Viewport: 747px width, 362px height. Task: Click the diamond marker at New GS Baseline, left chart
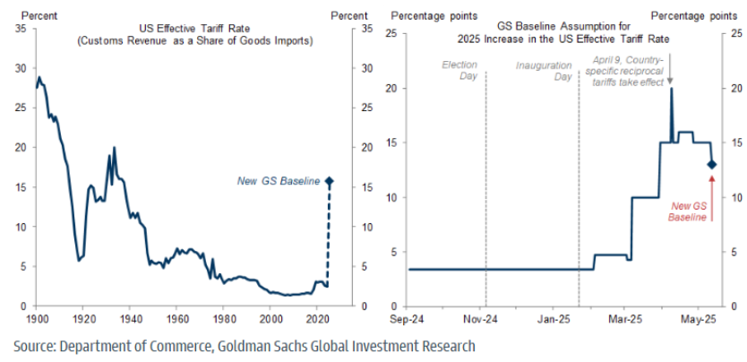329,181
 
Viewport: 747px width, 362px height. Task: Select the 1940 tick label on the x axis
130,318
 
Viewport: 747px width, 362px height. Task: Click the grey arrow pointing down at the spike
671,80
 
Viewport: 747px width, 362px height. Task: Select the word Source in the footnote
37,345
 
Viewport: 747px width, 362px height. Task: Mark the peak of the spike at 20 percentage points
671,88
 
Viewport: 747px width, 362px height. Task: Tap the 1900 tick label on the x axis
37,318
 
